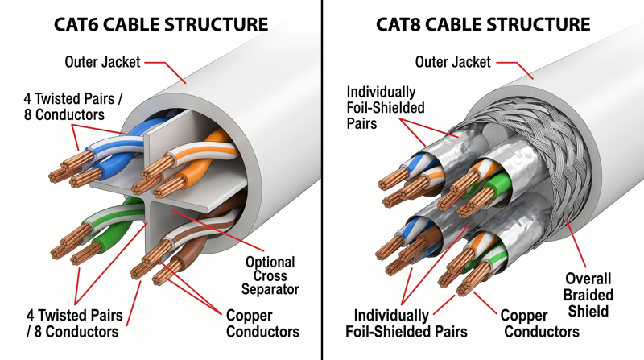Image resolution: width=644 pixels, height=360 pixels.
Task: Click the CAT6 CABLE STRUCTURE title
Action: pyautogui.click(x=161, y=23)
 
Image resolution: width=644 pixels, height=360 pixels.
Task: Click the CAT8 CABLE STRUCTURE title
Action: pyautogui.click(x=483, y=23)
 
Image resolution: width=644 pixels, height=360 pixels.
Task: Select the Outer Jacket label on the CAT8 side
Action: pyautogui.click(x=452, y=61)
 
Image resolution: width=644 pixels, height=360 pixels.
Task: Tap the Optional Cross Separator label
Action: pyautogui.click(x=270, y=275)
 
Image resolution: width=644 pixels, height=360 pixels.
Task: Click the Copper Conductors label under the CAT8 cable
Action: pyautogui.click(x=535, y=324)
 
